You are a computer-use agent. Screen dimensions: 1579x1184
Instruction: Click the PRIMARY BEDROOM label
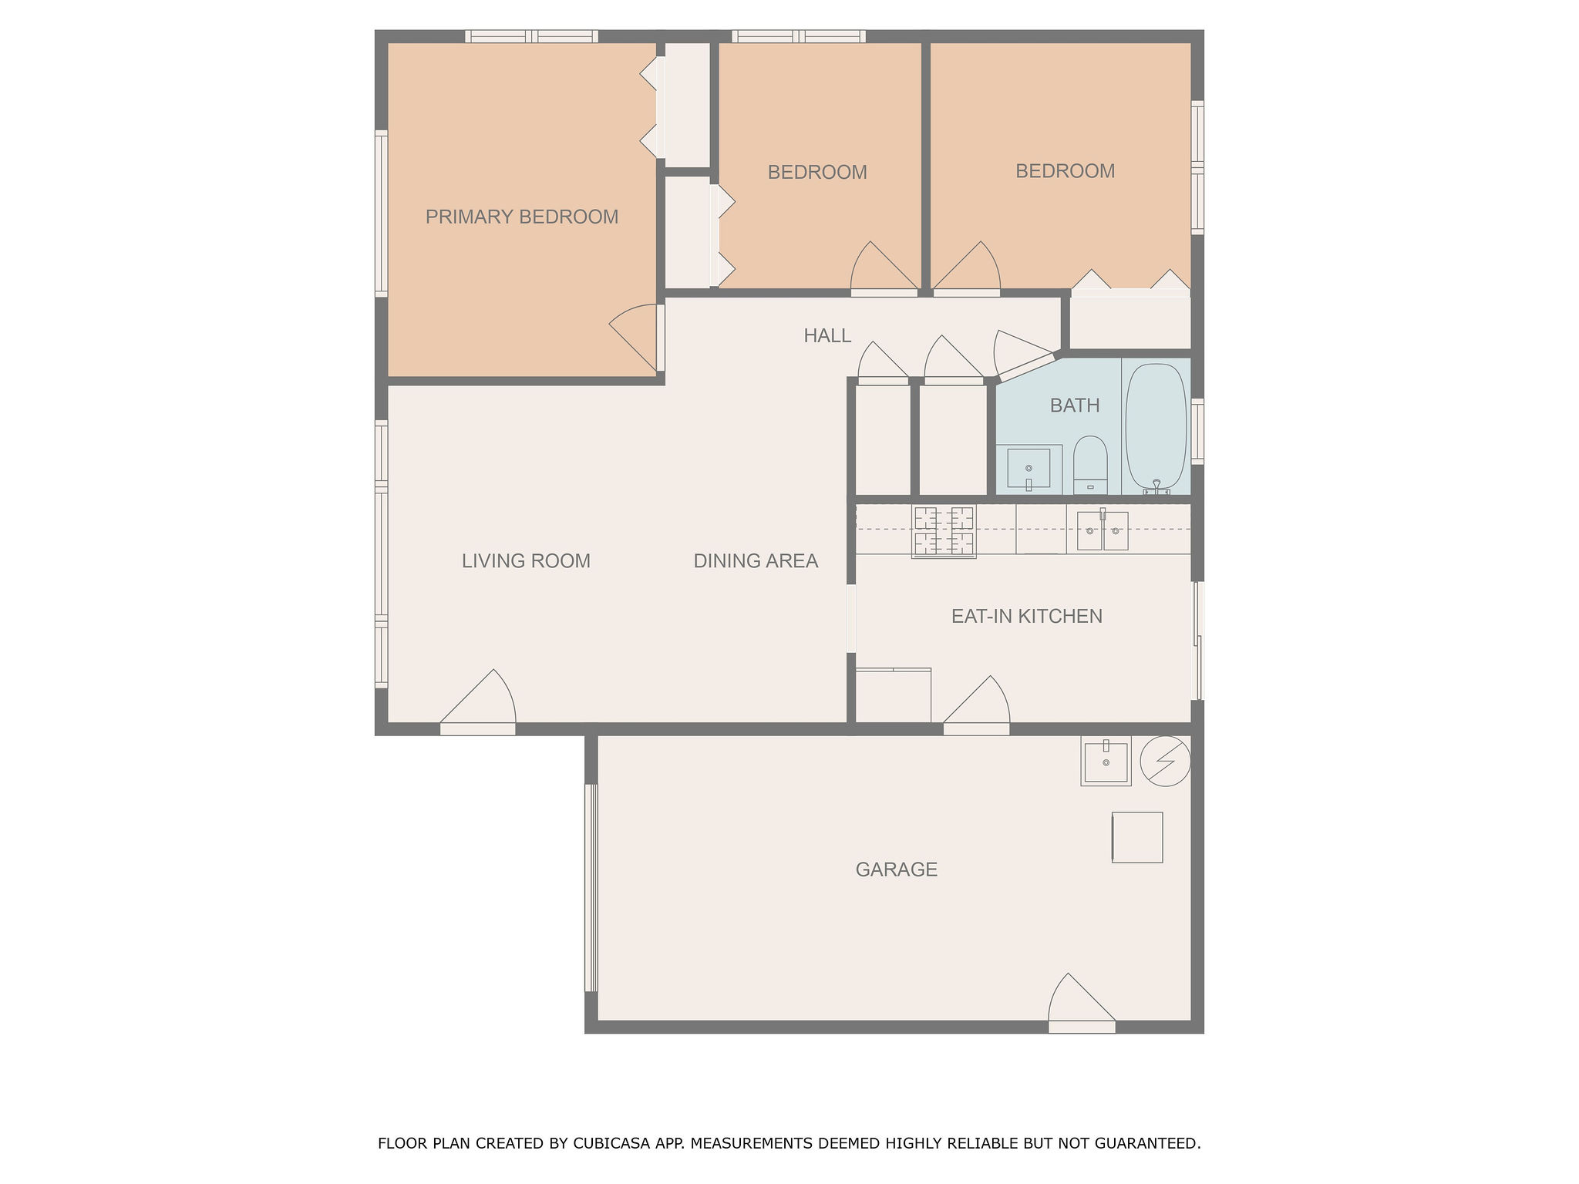click(x=522, y=217)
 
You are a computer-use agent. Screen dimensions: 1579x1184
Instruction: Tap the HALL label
click(x=827, y=336)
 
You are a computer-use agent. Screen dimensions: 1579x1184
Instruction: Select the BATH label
click(x=1075, y=405)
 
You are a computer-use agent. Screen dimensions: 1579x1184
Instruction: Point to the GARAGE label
click(x=896, y=869)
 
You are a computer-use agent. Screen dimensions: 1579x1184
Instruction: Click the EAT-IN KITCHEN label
click(x=1026, y=616)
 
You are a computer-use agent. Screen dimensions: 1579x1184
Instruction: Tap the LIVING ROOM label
click(x=526, y=561)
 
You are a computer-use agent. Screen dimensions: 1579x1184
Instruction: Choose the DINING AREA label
click(x=756, y=561)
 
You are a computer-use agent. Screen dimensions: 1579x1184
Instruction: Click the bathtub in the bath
click(x=1156, y=429)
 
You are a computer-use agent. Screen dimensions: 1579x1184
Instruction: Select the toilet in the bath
click(x=1090, y=466)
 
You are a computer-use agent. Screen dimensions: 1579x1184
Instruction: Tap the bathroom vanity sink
click(x=1029, y=468)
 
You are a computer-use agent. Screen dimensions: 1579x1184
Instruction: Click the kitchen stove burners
click(x=944, y=531)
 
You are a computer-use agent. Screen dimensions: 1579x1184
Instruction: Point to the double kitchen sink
click(x=1103, y=530)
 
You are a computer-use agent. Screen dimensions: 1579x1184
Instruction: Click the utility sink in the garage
click(x=1106, y=761)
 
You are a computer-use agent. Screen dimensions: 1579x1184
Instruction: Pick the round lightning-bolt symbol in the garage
click(x=1165, y=761)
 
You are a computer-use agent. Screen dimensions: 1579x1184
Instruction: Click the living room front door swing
click(x=477, y=701)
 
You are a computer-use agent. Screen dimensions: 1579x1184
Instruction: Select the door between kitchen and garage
click(x=976, y=705)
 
